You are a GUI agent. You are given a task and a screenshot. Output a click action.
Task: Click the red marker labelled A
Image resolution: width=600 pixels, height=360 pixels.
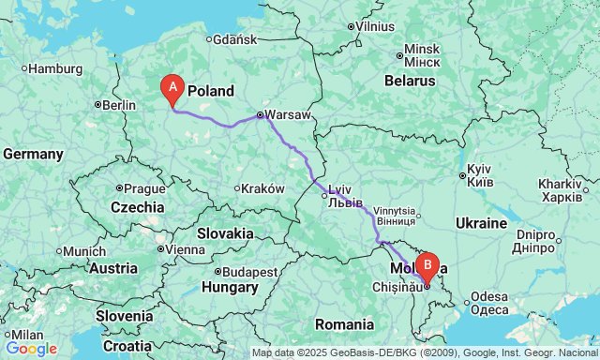tap(172, 88)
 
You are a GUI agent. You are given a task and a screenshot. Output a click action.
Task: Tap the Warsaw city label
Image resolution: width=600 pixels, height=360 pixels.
tap(285, 115)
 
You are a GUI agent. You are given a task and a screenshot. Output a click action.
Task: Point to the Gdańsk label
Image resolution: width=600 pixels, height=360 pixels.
tap(234, 39)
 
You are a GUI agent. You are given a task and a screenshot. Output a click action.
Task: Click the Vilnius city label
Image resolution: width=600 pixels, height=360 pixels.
tap(375, 26)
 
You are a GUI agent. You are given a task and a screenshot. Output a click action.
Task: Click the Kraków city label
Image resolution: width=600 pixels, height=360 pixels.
tap(262, 188)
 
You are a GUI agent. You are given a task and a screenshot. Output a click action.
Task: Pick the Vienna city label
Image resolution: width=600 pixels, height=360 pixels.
tap(185, 249)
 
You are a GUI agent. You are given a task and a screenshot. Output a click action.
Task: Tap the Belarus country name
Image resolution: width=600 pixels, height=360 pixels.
tap(406, 81)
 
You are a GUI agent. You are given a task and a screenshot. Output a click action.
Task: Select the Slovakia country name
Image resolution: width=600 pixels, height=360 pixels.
tap(225, 232)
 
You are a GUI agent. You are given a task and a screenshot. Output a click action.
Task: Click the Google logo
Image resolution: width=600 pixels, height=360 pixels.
tap(31, 349)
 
